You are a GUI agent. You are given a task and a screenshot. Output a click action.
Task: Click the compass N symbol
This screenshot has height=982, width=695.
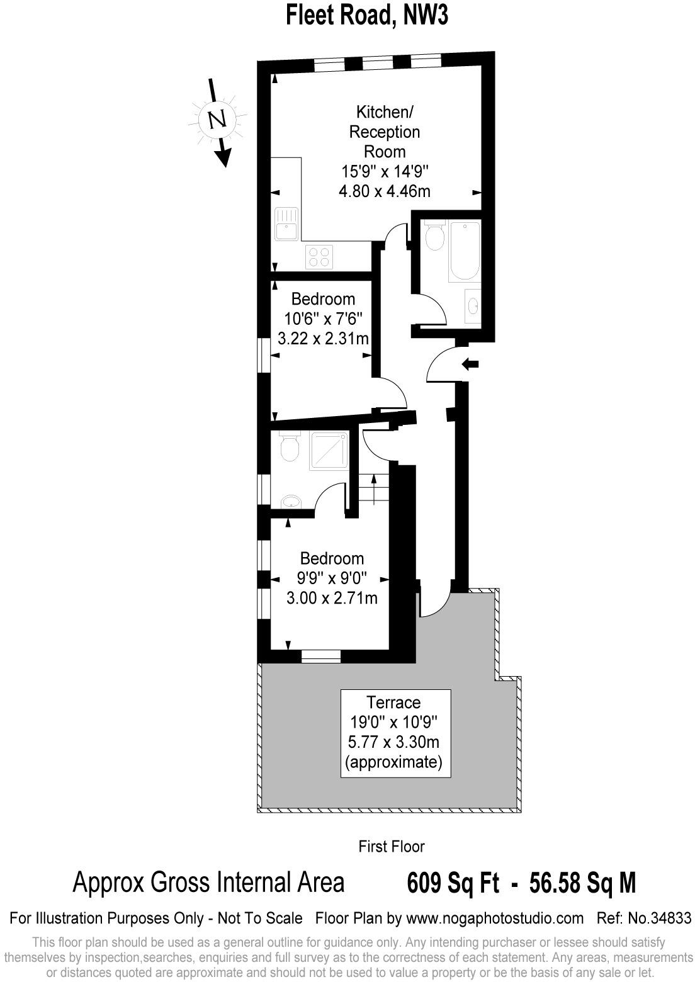click(217, 119)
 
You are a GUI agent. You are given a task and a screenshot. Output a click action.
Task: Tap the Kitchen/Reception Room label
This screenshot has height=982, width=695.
click(385, 132)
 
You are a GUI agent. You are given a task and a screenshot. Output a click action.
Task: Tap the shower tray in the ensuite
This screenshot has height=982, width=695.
click(329, 450)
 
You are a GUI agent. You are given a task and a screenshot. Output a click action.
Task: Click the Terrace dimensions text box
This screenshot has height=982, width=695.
click(395, 733)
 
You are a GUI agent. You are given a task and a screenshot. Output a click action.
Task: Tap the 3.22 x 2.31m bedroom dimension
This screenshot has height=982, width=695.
click(323, 339)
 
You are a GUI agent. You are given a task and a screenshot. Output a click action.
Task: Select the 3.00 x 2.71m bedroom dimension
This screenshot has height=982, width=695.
click(332, 598)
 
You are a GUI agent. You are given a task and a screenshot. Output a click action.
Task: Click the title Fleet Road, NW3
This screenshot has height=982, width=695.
click(367, 15)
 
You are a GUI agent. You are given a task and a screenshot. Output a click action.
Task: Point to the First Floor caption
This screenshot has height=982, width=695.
click(391, 847)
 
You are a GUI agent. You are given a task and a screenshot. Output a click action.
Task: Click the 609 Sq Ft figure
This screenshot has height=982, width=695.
click(453, 883)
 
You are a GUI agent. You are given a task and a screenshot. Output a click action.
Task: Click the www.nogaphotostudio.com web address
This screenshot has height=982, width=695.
click(494, 918)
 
